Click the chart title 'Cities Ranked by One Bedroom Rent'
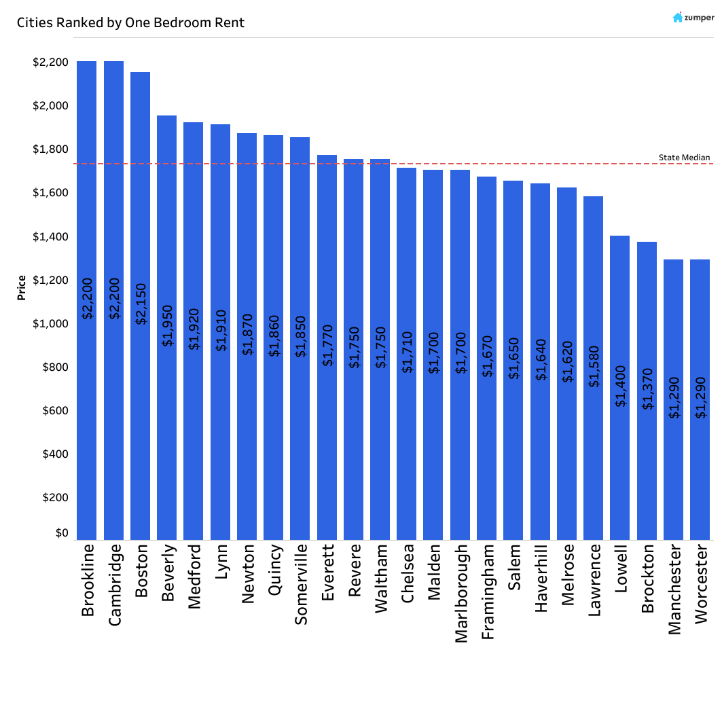(x=130, y=22)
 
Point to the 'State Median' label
(x=684, y=158)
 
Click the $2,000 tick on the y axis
(x=50, y=106)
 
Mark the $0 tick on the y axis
(x=61, y=533)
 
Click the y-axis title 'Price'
(x=22, y=288)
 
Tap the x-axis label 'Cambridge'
(x=114, y=584)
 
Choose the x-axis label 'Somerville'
(x=300, y=583)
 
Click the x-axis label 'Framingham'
(x=487, y=591)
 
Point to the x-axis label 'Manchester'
(x=673, y=589)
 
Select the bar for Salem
(x=513, y=360)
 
